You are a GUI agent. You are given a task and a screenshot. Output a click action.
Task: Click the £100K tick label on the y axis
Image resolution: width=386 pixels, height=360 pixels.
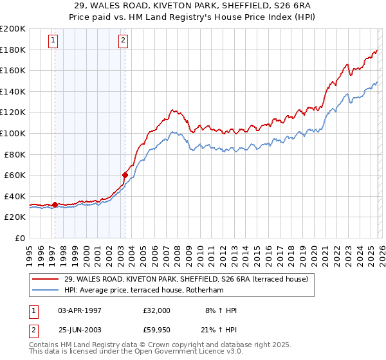(x=13, y=133)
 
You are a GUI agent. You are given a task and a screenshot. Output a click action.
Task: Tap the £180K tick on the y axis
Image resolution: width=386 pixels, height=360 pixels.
(x=13, y=50)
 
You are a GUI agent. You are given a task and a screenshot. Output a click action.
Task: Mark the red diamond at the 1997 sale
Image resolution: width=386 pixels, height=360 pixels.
(x=55, y=204)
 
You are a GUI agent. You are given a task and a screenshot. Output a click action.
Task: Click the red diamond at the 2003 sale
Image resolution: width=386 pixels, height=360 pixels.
(x=125, y=175)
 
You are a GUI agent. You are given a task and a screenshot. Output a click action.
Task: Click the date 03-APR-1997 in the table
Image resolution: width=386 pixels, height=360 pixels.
(x=80, y=310)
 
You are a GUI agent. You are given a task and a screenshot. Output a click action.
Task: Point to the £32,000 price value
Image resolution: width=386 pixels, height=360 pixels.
(x=157, y=310)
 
